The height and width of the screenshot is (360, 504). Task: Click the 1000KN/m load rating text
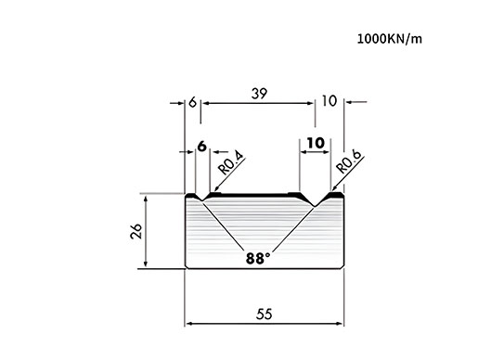tap(390, 39)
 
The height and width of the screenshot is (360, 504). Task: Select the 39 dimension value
tap(259, 94)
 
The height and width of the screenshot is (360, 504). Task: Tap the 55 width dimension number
tap(265, 314)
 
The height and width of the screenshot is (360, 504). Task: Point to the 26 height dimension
tap(136, 231)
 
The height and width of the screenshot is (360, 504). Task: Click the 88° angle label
tap(258, 259)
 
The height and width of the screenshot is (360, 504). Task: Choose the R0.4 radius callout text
tap(231, 164)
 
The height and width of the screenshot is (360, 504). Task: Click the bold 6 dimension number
tap(201, 147)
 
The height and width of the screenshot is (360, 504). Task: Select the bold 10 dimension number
tap(316, 143)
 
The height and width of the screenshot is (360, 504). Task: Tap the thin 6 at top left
tap(192, 102)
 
